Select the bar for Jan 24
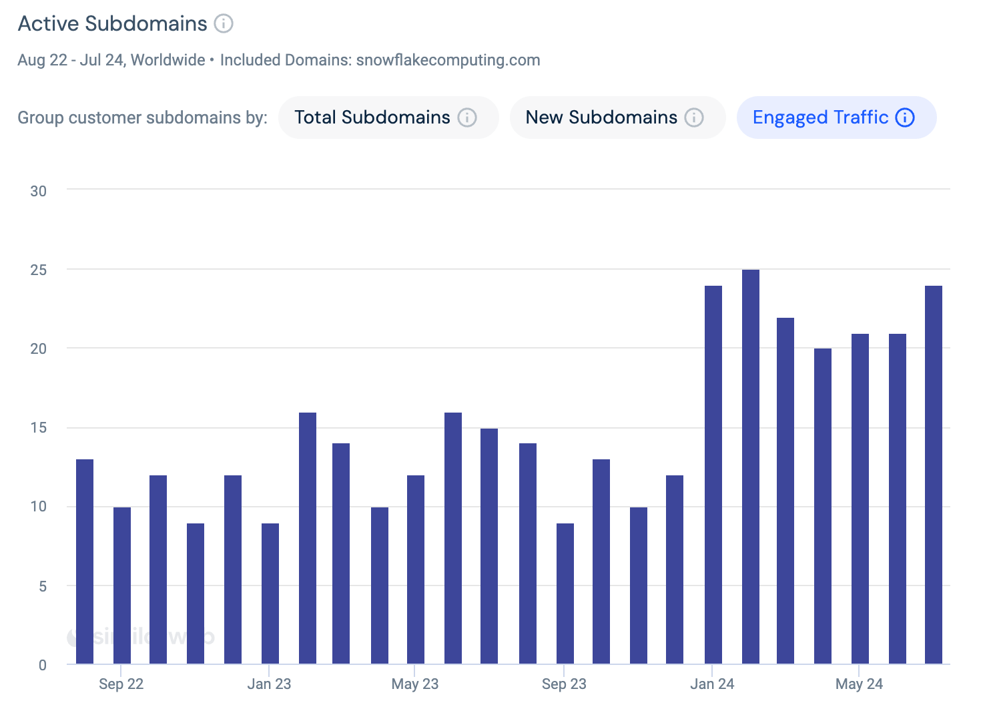(x=713, y=474)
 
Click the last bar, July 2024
(x=933, y=474)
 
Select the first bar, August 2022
(x=85, y=561)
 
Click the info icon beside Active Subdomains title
(x=224, y=23)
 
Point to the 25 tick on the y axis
(x=39, y=270)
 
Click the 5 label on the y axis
(x=43, y=586)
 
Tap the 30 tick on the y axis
(x=39, y=191)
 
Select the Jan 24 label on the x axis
(x=712, y=684)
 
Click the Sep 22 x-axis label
(x=121, y=684)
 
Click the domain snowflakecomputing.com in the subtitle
(x=448, y=60)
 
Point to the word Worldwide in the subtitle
(x=168, y=60)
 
